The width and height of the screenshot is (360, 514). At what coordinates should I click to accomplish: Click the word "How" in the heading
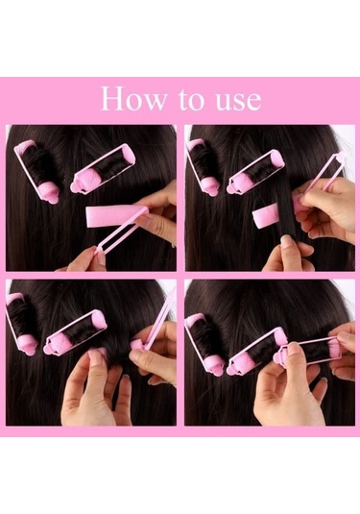click(133, 98)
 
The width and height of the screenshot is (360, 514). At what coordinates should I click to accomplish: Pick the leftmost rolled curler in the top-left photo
click(37, 171)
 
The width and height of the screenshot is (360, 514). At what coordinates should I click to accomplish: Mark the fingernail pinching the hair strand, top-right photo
click(286, 239)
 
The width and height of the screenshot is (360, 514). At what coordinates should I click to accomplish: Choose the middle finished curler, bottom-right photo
click(256, 352)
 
